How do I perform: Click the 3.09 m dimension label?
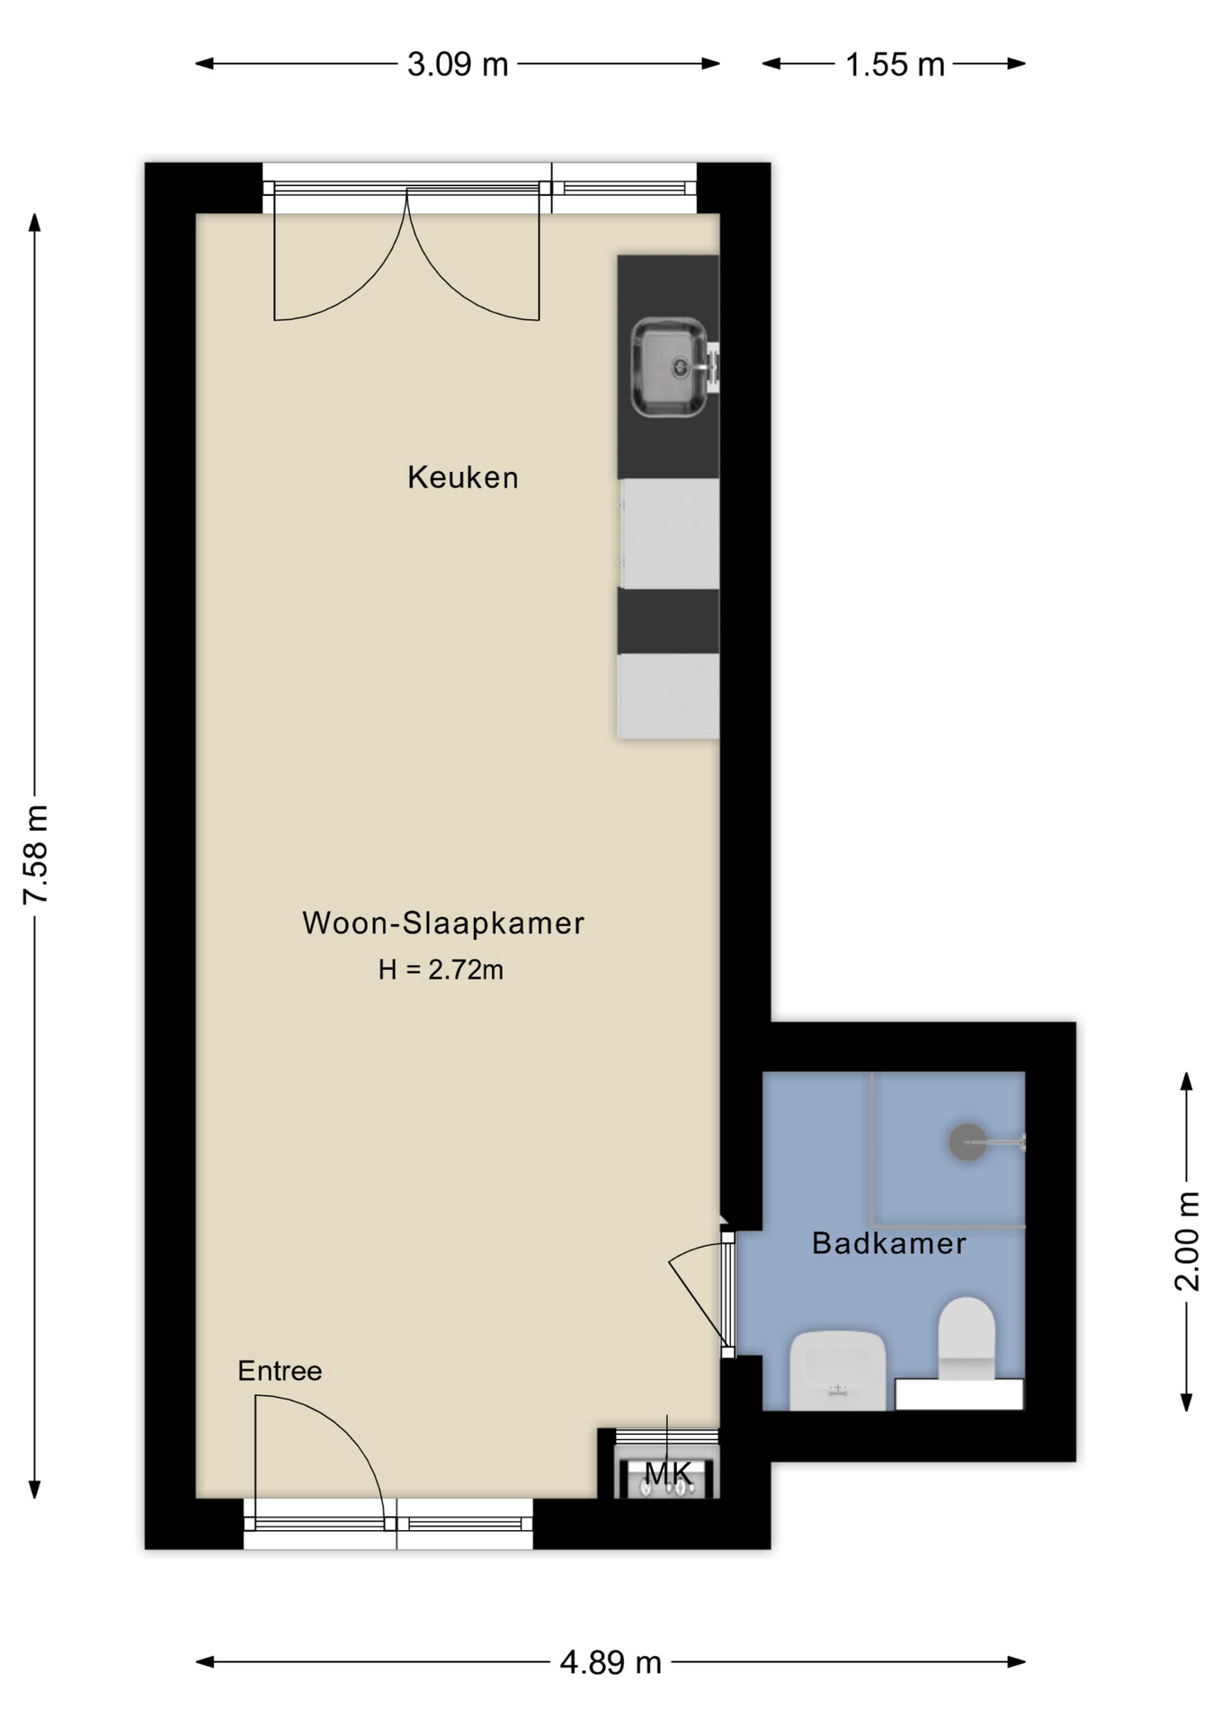coord(458,65)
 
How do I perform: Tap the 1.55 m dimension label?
coord(895,65)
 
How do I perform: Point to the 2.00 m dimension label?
coord(1188,1241)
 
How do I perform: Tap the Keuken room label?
coord(463,477)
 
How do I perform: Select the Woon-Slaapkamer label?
coord(443,923)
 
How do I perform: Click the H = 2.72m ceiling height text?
coord(441,970)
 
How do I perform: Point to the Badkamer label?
coord(889,1243)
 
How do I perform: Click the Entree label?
coord(280,1371)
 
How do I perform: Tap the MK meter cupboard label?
coord(669,1472)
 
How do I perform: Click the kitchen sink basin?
coord(668,367)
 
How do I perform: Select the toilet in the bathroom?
coord(967,1339)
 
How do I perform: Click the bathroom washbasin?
coord(838,1370)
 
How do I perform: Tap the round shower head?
coord(968,1143)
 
